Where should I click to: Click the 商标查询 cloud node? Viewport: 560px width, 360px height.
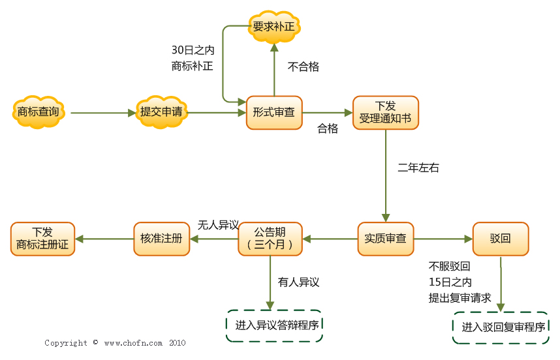click(38, 112)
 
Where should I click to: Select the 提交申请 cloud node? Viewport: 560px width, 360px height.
click(161, 112)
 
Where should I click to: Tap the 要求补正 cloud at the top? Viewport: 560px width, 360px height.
click(274, 27)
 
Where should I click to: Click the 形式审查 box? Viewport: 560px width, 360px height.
click(273, 112)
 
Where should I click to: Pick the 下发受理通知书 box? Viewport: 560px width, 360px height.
click(385, 112)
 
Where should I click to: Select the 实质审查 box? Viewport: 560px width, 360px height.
click(385, 239)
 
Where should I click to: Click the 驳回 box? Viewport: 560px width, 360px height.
click(501, 239)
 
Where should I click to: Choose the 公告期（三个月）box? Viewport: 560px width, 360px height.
click(270, 239)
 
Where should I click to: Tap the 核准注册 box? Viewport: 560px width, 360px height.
click(161, 239)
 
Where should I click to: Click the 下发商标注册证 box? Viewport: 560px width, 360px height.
click(42, 239)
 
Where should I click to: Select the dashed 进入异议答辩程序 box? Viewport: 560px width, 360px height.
click(275, 325)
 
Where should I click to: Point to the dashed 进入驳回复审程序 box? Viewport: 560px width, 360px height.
click(501, 327)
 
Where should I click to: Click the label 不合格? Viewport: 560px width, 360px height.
click(303, 67)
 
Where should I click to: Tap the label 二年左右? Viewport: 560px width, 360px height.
click(418, 168)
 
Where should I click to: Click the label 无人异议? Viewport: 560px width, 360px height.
click(218, 225)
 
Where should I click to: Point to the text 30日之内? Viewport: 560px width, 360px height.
click(193, 50)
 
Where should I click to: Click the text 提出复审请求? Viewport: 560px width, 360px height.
click(459, 298)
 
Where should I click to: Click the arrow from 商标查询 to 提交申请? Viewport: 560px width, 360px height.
click(101, 113)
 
